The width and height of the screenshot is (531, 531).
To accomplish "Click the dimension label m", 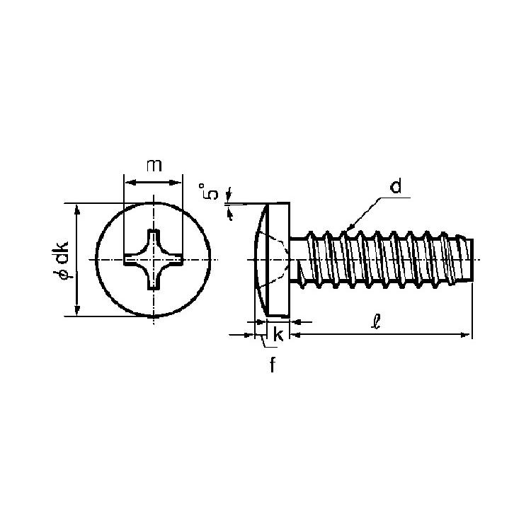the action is click(x=154, y=165).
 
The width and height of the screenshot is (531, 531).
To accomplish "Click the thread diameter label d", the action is click(x=396, y=186).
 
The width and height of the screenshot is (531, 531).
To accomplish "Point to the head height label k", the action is click(x=278, y=335).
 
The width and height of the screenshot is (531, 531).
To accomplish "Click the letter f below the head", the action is click(x=273, y=365).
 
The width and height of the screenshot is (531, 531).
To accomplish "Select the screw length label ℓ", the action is click(x=376, y=321).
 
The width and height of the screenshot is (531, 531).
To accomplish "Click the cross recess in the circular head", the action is click(x=154, y=260).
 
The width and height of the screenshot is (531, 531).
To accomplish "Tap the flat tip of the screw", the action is click(x=472, y=260).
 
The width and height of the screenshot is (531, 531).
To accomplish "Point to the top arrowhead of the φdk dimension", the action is click(x=78, y=210).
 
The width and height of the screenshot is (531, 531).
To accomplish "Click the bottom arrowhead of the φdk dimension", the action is click(x=78, y=311).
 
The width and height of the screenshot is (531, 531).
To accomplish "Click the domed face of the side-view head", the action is click(x=261, y=260).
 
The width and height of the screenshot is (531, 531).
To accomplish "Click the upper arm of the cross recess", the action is click(x=154, y=241).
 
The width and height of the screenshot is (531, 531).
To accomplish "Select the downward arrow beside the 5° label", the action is click(x=229, y=194).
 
